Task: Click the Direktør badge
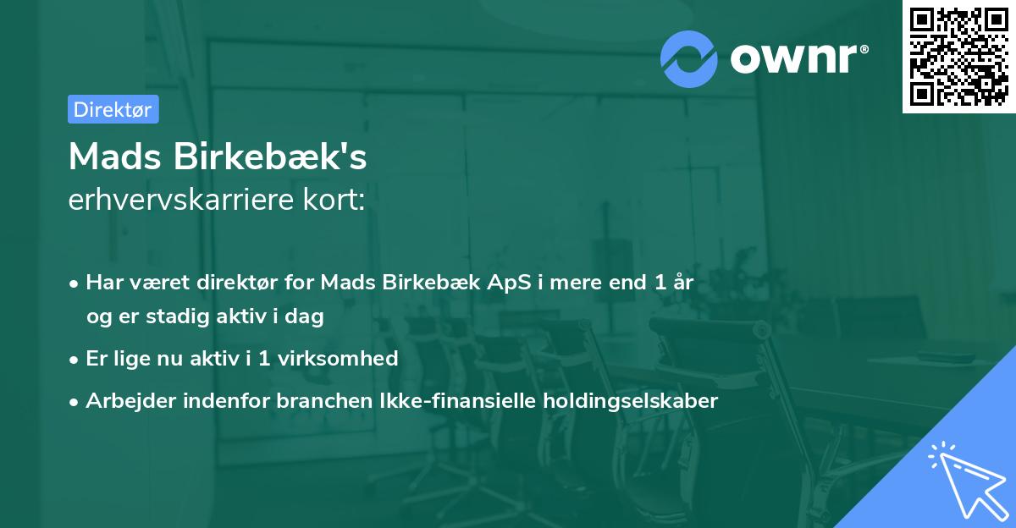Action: [113, 109]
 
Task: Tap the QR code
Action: [958, 56]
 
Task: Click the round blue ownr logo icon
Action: [689, 59]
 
